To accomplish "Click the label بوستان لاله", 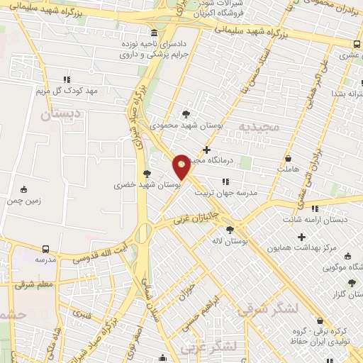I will tap(229, 242).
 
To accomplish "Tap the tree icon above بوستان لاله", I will tap(229, 230).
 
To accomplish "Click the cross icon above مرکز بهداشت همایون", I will tap(301, 236).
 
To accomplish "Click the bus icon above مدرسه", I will tap(45, 249).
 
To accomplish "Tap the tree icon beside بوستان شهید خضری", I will tap(147, 173).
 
